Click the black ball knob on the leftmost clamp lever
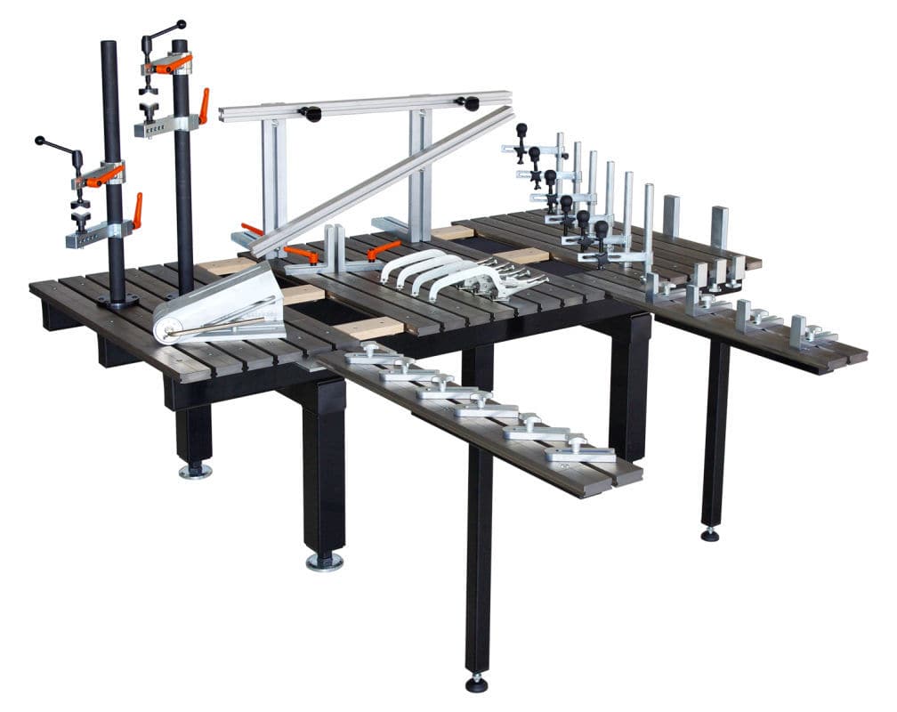pyautogui.click(x=39, y=141)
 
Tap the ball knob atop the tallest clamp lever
pyautogui.click(x=181, y=24)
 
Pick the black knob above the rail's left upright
pyautogui.click(x=311, y=114)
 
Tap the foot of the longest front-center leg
pyautogui.click(x=477, y=684)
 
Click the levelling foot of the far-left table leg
pyautogui.click(x=195, y=469)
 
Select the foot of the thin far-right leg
pyautogui.click(x=709, y=534)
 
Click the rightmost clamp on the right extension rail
pyautogui.click(x=810, y=335)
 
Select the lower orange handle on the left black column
pyautogui.click(x=137, y=211)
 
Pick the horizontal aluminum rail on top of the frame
pyautogui.click(x=365, y=105)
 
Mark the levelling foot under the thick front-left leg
pyautogui.click(x=325, y=561)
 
